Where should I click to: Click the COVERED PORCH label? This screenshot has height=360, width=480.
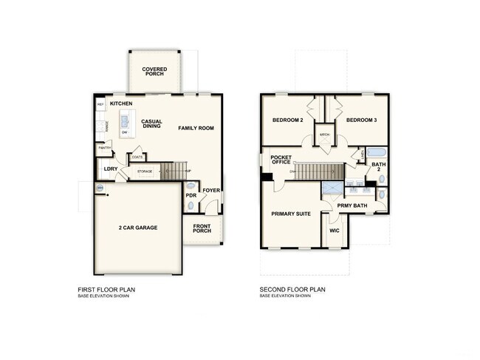[154, 72]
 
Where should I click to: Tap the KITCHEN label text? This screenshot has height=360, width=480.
[121, 104]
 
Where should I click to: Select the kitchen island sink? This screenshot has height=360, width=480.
[125, 120]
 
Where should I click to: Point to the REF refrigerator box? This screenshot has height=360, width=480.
[100, 105]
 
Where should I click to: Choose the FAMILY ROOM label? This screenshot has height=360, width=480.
[196, 129]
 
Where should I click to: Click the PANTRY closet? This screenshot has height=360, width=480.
[104, 150]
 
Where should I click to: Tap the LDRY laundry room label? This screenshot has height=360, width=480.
[111, 169]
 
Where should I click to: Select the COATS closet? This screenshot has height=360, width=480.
[137, 157]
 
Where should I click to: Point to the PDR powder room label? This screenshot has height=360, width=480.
[191, 196]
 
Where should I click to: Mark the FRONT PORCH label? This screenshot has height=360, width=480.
[202, 228]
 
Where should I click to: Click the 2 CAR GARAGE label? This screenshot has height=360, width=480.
[137, 228]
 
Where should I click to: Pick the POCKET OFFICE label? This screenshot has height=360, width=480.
[281, 160]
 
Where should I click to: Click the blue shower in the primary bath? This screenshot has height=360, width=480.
[333, 188]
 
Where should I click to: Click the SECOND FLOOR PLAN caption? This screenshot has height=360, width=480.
[292, 289]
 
